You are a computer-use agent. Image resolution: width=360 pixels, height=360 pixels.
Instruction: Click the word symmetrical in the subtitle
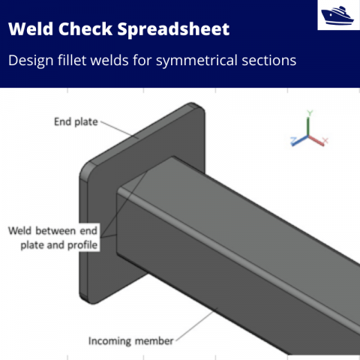202,60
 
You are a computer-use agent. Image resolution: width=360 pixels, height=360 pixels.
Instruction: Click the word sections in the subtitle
270,60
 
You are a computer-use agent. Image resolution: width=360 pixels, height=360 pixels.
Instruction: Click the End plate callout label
75,121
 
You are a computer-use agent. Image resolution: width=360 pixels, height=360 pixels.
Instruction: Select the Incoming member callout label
130,340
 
